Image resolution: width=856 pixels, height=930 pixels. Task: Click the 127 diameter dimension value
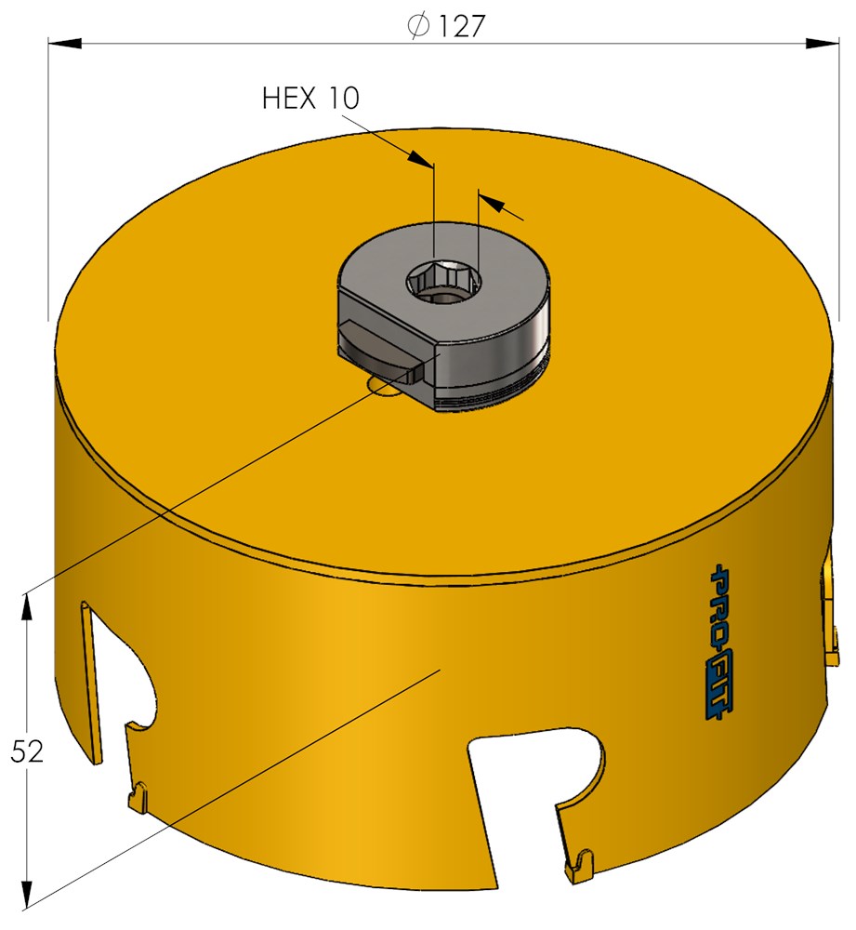pos(461,25)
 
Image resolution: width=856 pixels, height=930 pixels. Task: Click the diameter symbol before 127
pos(419,25)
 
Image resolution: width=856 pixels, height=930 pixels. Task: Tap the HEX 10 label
pos(310,98)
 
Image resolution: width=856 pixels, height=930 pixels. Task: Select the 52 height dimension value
pos(27,751)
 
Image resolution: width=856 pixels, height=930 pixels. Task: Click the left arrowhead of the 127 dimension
pos(65,42)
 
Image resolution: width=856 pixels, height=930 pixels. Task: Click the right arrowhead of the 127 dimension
pos(823,42)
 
